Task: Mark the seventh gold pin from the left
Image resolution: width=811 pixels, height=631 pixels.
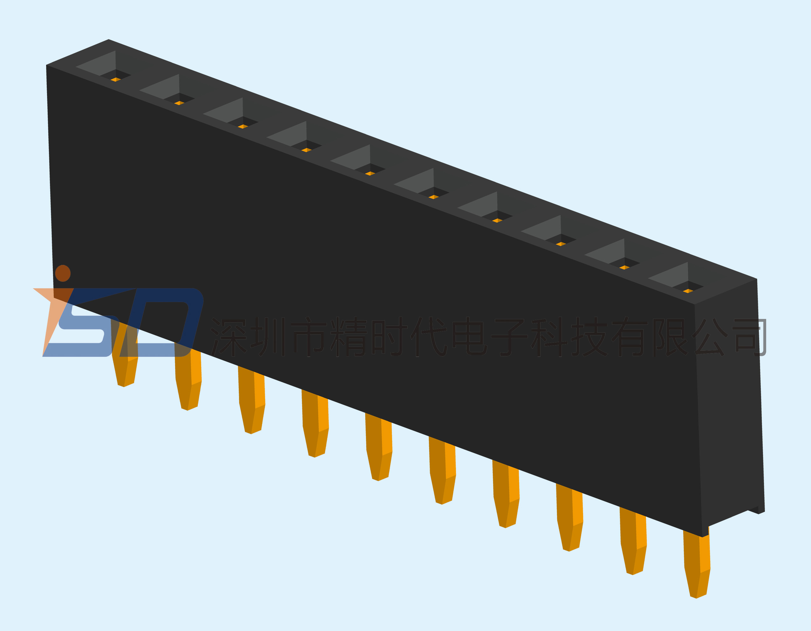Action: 506,494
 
